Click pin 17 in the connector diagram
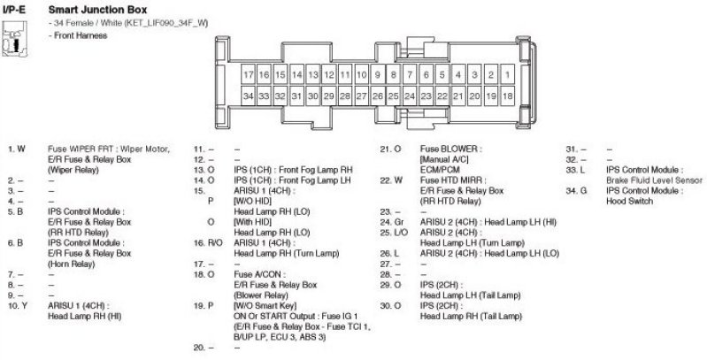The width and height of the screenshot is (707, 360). (249, 75)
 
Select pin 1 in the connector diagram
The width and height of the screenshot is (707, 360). (508, 75)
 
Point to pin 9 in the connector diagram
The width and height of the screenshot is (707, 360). (378, 75)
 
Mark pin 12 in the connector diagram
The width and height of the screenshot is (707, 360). (329, 75)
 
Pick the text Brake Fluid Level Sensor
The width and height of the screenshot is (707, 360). (650, 180)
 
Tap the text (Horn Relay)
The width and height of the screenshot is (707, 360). (73, 262)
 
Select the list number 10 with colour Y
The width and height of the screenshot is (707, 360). (16, 304)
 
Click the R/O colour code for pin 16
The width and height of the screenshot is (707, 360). (215, 241)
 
